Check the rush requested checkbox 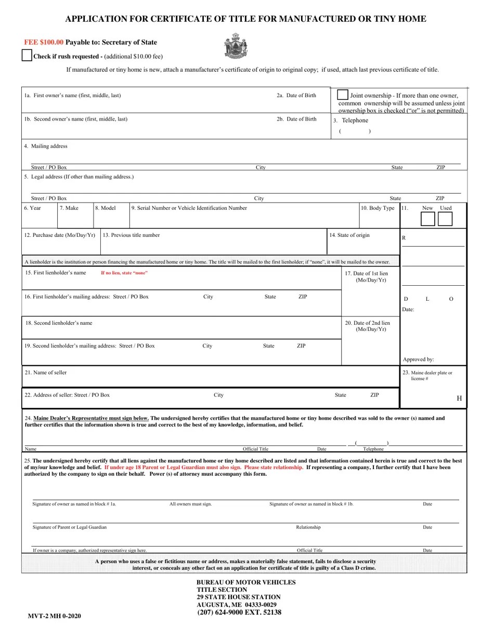click(x=27, y=56)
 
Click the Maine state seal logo click(x=236, y=46)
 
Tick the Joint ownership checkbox click(x=343, y=95)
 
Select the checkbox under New click(x=427, y=219)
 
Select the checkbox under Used click(x=445, y=219)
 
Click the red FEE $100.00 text click(x=44, y=42)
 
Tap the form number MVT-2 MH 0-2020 click(x=54, y=616)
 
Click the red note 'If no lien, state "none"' click(x=124, y=273)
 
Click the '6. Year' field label click(x=32, y=208)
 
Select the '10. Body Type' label click(x=378, y=208)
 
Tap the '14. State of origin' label click(x=349, y=235)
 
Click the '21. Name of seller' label click(x=45, y=372)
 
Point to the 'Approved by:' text click(x=418, y=359)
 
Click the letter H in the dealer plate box click(x=459, y=398)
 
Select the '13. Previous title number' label click(x=131, y=235)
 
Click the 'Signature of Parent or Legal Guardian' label click(x=69, y=527)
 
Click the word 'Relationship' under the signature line click(x=308, y=527)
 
